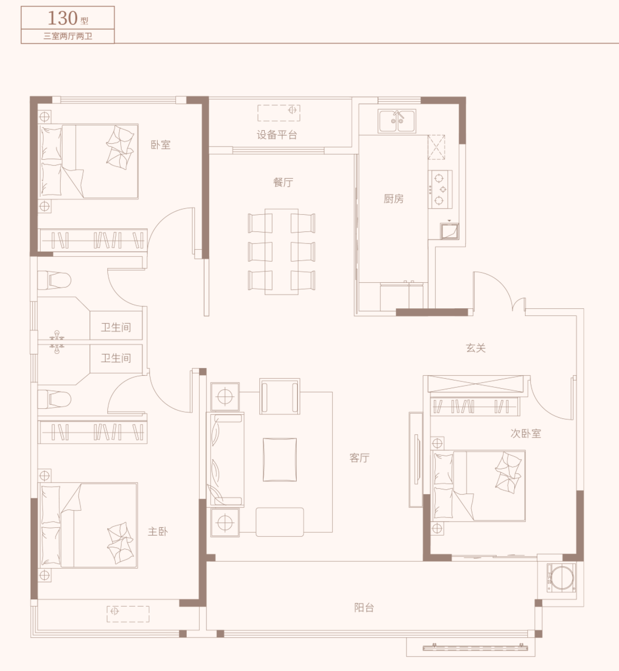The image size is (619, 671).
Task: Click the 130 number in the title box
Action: pos(62,18)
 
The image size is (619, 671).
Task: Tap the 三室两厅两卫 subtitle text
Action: pos(67,36)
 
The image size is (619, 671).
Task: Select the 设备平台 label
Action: pos(277,135)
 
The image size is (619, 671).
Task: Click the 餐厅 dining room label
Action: pos(283,183)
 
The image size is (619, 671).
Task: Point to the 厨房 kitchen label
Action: pos(393,199)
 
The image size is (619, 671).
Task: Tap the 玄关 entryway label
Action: pos(476,348)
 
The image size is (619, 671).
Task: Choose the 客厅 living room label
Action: pos(359,458)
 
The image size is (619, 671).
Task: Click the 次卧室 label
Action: pos(526,433)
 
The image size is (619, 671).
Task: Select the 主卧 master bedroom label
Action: pos(158,531)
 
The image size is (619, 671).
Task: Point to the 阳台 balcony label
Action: pos(364,608)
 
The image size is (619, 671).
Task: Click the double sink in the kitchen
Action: pos(397,121)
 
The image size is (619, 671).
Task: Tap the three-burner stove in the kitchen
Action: pos(440,189)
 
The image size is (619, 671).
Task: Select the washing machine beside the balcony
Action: pos(561,580)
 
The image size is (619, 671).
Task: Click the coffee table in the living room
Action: pos(280,459)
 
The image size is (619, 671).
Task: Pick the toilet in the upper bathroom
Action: pos(54,280)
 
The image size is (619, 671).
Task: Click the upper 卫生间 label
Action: pos(116,327)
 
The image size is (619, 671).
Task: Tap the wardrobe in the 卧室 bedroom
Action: pos(93,240)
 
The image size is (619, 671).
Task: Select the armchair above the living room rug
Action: pos(280,396)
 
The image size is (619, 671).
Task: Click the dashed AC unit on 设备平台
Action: pos(279,113)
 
